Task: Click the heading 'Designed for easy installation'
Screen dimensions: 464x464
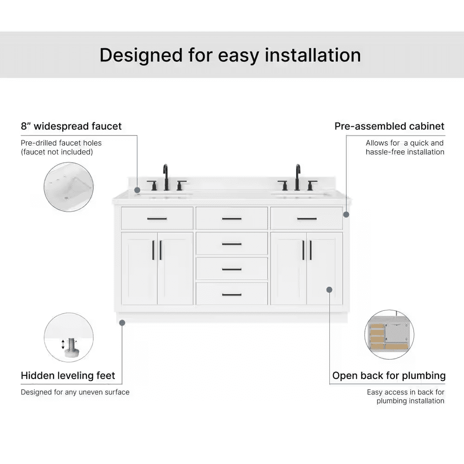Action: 230,55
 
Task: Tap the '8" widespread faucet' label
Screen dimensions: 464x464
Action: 71,126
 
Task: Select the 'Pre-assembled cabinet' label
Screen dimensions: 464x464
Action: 389,126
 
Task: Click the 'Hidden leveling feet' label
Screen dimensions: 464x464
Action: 68,375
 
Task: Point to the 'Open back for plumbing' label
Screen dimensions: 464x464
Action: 389,375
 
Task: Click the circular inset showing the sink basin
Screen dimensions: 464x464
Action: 69,187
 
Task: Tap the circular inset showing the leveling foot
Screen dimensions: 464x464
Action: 69,337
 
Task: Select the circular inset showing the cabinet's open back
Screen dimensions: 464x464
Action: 389,335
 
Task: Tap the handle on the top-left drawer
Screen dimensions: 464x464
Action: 157,219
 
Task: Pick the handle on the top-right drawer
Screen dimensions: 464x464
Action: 307,219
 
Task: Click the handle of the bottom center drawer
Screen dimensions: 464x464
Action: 232,294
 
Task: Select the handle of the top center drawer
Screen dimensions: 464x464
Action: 232,219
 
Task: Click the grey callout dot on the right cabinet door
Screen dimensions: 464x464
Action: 329,290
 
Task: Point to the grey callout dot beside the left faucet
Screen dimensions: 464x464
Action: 137,190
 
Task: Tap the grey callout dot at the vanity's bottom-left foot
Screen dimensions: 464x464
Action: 122,322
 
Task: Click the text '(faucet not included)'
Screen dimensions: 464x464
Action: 57,152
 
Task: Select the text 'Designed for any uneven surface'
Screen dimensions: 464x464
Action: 75,392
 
